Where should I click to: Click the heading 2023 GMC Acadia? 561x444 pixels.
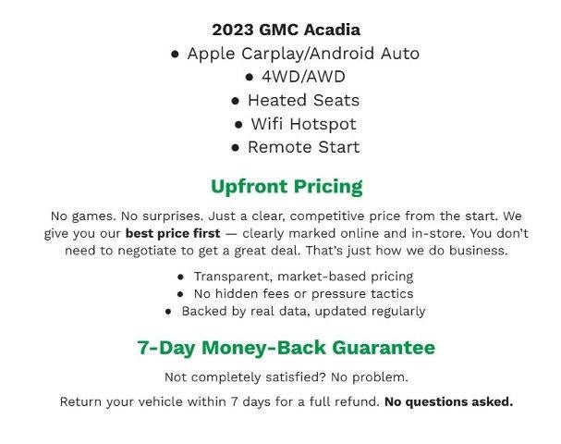(x=286, y=30)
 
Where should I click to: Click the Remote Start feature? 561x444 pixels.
(x=303, y=147)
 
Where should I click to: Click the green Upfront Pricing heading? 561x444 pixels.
(x=287, y=187)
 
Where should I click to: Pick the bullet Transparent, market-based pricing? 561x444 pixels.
(x=303, y=276)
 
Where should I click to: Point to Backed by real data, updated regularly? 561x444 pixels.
(x=303, y=311)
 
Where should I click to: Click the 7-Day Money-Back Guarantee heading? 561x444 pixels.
(x=286, y=348)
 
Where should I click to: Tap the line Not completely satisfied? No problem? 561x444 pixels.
(x=286, y=377)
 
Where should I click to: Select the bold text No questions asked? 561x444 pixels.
(x=448, y=401)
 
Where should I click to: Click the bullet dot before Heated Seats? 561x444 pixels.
(x=236, y=101)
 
